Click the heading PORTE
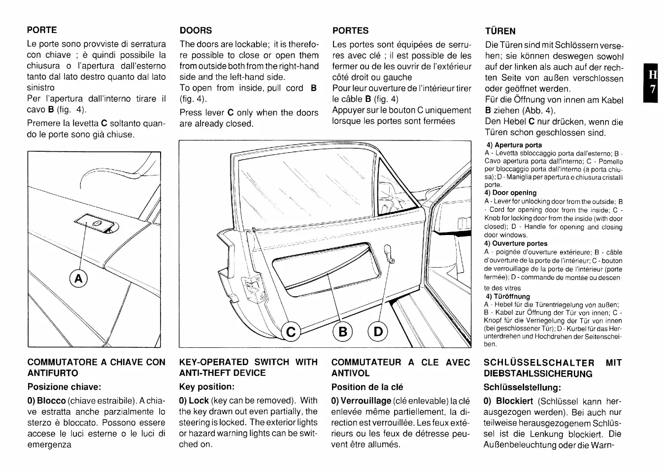point(42,30)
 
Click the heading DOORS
point(196,30)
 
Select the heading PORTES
point(350,31)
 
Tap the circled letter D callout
point(378,331)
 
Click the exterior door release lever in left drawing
point(99,224)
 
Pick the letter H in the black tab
point(652,75)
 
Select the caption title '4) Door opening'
point(510,193)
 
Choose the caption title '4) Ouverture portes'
point(515,243)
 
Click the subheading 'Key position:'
point(206,387)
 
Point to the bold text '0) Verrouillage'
point(361,401)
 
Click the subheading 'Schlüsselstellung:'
point(522,387)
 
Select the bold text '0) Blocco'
point(46,401)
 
